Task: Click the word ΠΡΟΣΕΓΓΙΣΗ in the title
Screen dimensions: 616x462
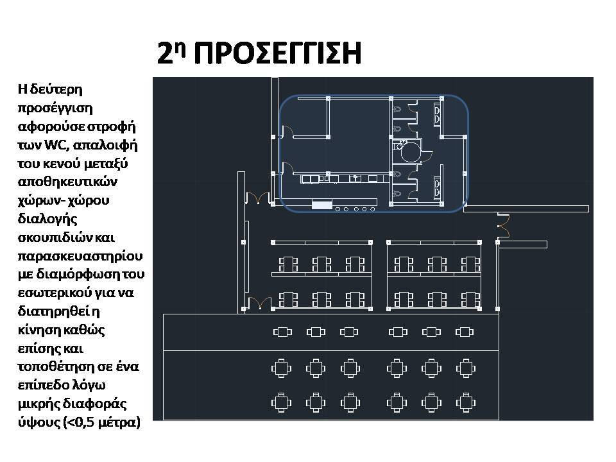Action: point(278,53)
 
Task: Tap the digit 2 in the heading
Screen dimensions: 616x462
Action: point(166,53)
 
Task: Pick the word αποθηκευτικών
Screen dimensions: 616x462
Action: point(67,182)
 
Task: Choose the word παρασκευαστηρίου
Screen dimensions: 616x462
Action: point(81,256)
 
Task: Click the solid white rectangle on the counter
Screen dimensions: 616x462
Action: point(321,204)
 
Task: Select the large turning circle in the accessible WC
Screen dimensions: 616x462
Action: point(411,153)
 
